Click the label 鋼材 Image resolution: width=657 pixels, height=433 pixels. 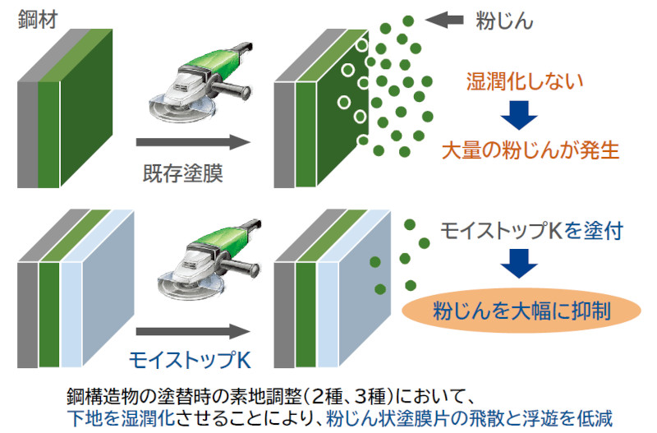tap(38, 20)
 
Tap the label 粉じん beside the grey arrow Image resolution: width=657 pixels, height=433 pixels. tap(504, 21)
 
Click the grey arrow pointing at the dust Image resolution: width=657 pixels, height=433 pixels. tap(444, 20)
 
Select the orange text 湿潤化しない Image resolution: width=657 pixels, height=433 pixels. tap(525, 81)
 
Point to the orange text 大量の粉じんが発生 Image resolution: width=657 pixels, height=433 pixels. tap(531, 150)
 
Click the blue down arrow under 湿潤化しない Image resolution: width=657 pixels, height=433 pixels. tap(519, 115)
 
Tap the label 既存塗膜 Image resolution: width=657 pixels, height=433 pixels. tap(182, 173)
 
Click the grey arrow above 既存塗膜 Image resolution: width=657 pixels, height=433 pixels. tap(193, 142)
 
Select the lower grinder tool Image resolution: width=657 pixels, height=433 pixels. tap(209, 260)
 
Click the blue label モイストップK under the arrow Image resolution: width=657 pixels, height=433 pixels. tap(190, 360)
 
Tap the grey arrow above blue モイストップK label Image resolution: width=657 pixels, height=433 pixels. tap(193, 332)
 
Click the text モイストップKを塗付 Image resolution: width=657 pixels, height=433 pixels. tap(531, 231)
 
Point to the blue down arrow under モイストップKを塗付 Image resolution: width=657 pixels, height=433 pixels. tap(519, 264)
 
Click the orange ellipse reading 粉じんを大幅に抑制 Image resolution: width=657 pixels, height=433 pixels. tap(521, 311)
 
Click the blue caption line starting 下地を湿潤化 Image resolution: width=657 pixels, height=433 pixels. tap(340, 418)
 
